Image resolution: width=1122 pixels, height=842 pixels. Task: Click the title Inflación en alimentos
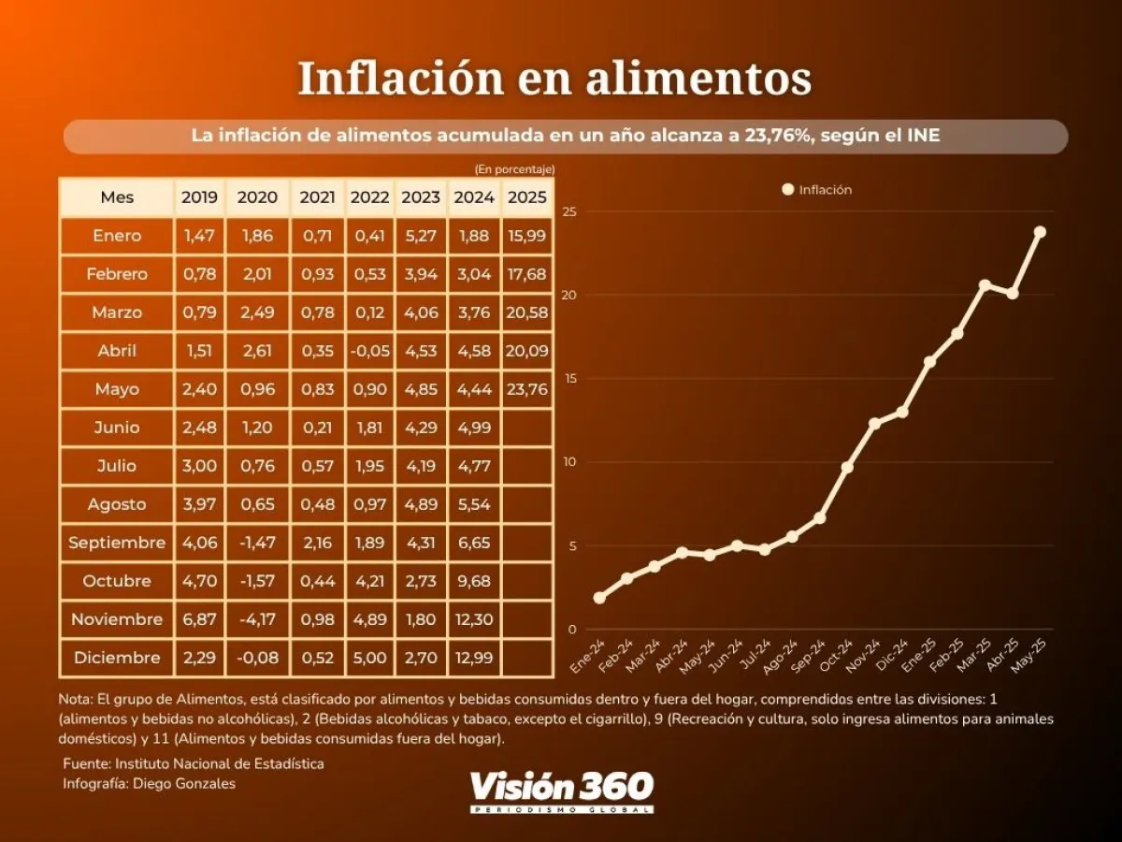click(x=554, y=79)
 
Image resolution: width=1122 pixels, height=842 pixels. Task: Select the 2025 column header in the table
click(x=527, y=197)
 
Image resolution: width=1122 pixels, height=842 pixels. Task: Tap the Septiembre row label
click(x=117, y=543)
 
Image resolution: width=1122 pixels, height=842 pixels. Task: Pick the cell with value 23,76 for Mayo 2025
click(x=527, y=389)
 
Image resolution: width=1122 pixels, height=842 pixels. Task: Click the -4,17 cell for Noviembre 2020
click(x=257, y=619)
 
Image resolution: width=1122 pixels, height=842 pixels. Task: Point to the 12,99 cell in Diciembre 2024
click(x=474, y=658)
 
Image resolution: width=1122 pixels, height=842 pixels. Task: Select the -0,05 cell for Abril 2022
click(x=369, y=351)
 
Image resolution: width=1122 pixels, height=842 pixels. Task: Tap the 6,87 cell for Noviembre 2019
click(x=199, y=619)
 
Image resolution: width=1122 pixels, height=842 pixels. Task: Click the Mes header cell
click(x=117, y=197)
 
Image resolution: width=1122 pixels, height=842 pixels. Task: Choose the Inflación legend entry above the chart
click(x=817, y=190)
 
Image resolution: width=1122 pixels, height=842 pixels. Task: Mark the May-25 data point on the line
click(x=1040, y=232)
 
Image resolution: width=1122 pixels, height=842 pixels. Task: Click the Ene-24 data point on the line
click(x=599, y=598)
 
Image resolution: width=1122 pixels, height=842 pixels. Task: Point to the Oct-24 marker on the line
click(x=847, y=467)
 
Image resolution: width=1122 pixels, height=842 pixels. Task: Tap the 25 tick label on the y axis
click(x=569, y=212)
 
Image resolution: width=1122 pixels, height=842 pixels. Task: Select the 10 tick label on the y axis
click(x=569, y=462)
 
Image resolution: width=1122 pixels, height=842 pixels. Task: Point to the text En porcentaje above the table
click(x=514, y=169)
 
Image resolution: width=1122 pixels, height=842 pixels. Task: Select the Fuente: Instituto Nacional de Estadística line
click(x=194, y=763)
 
